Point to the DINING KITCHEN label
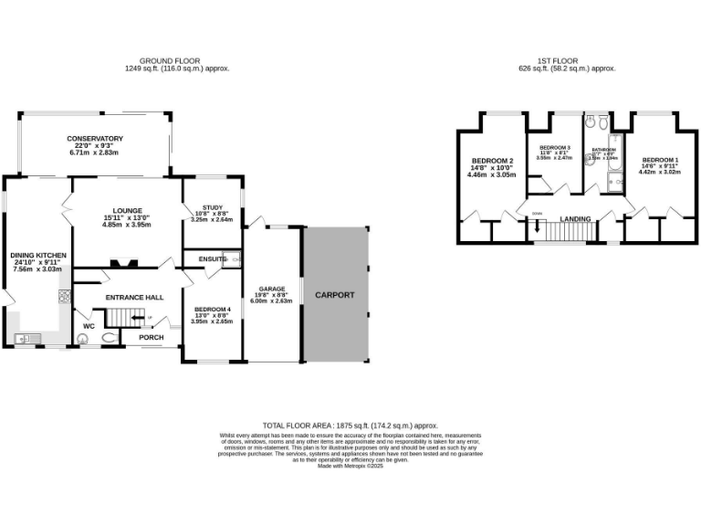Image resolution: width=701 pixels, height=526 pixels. pyautogui.click(x=38, y=255)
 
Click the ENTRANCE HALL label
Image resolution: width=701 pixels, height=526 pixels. pyautogui.click(x=134, y=298)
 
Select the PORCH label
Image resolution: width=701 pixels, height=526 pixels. pyautogui.click(x=152, y=337)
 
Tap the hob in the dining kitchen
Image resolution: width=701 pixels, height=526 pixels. pyautogui.click(x=64, y=296)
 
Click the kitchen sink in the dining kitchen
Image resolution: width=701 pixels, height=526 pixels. pyautogui.click(x=25, y=339)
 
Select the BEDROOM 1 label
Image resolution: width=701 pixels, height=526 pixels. pyautogui.click(x=659, y=159)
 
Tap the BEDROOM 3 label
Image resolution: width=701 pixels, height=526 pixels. pyautogui.click(x=555, y=148)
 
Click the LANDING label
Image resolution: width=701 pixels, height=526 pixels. pyautogui.click(x=575, y=219)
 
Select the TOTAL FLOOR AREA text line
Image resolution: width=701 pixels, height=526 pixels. pyautogui.click(x=350, y=426)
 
